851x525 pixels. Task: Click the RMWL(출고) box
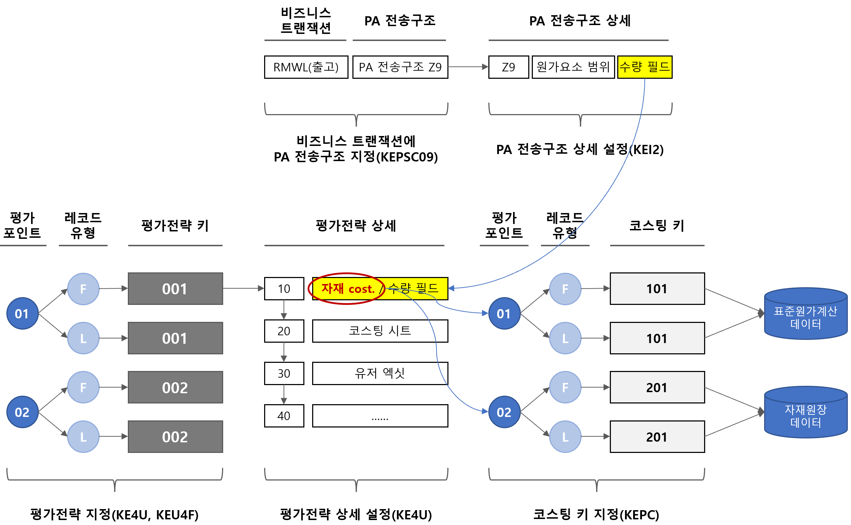(x=306, y=67)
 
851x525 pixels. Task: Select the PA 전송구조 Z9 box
(x=400, y=67)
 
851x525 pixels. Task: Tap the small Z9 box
(x=508, y=67)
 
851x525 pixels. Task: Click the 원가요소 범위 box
(x=573, y=67)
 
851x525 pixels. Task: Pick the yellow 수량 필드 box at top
(x=644, y=67)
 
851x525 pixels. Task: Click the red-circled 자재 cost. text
(x=347, y=289)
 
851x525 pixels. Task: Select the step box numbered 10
(x=284, y=289)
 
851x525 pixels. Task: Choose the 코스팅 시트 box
(x=380, y=331)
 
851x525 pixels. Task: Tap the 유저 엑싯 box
(x=380, y=373)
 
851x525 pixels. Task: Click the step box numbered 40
(x=284, y=415)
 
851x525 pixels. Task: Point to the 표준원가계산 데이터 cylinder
(x=805, y=314)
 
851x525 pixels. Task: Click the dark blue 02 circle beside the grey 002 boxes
(x=22, y=412)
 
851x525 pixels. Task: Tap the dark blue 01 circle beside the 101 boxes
(x=504, y=313)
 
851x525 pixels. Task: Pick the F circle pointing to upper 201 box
(x=565, y=387)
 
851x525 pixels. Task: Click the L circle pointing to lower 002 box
(x=83, y=437)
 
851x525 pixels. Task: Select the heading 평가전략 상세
(x=356, y=225)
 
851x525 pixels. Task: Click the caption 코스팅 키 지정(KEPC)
(x=596, y=514)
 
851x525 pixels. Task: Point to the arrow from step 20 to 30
(x=284, y=352)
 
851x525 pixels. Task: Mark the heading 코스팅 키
(x=657, y=225)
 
